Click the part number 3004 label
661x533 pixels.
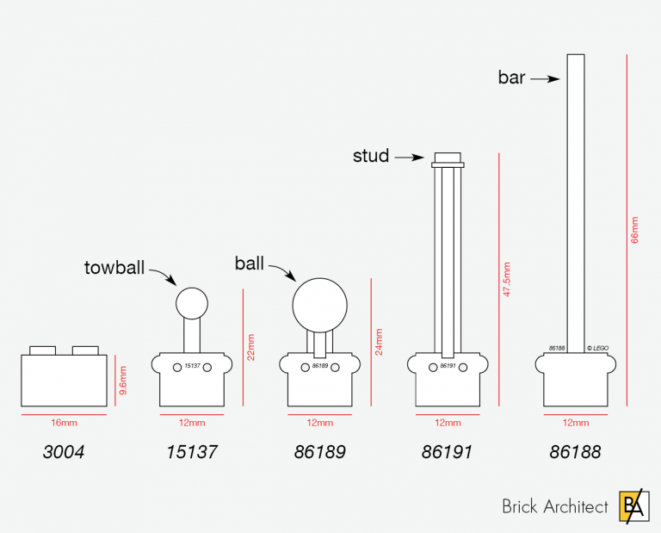pos(64,452)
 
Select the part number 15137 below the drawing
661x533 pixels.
pos(191,452)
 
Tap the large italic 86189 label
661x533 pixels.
pos(319,452)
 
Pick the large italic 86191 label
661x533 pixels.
pos(448,452)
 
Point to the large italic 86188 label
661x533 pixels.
pos(575,452)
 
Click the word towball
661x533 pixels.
pos(115,267)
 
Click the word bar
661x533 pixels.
pos(511,77)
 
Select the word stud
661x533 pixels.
pos(371,157)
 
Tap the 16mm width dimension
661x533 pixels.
pos(64,423)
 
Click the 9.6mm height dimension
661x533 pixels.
pos(123,380)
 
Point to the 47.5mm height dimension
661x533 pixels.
pos(507,279)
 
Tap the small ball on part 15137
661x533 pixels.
pos(192,302)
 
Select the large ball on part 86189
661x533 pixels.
pos(320,303)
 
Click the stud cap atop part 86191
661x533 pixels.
pos(448,159)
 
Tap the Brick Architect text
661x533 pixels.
pos(554,507)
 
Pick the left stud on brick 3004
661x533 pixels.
pos(42,350)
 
